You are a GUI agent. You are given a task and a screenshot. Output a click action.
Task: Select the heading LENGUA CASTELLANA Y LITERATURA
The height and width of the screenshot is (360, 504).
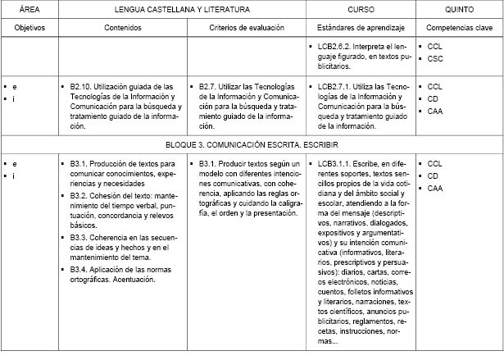(182, 11)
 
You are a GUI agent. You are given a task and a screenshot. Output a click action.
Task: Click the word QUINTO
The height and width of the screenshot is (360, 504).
(458, 11)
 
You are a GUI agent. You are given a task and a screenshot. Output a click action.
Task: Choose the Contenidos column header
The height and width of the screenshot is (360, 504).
(121, 27)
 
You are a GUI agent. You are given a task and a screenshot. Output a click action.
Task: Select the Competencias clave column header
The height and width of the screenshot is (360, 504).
(458, 27)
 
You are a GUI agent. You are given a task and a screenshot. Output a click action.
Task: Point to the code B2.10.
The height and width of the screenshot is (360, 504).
(84, 84)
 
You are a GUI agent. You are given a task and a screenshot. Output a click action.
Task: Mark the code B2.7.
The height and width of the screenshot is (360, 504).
(210, 84)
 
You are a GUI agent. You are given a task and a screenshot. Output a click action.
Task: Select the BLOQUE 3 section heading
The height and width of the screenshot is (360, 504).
(252, 144)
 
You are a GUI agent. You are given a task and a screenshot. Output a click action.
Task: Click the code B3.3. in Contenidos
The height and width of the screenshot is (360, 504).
(83, 238)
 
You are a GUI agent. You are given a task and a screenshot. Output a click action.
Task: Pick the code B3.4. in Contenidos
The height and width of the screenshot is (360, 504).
(83, 269)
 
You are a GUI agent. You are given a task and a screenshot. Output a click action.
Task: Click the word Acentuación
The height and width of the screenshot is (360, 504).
(132, 280)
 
